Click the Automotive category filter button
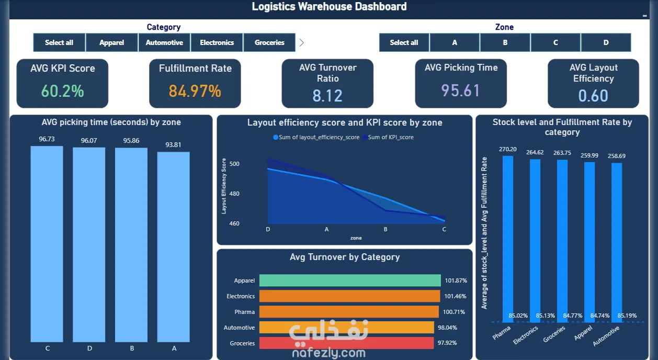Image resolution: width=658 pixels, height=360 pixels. pyautogui.click(x=164, y=42)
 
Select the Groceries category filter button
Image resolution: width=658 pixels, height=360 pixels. pyautogui.click(x=269, y=42)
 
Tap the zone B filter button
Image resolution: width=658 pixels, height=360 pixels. pyautogui.click(x=505, y=42)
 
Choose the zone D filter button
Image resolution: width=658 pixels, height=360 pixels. pyautogui.click(x=606, y=42)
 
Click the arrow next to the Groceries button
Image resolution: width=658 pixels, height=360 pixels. pyautogui.click(x=302, y=42)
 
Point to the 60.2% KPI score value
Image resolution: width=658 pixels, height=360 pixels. pyautogui.click(x=63, y=91)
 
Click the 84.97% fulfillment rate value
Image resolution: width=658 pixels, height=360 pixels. pyautogui.click(x=195, y=91)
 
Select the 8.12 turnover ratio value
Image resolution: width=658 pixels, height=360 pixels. pyautogui.click(x=327, y=96)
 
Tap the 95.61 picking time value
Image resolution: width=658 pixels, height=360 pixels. pyautogui.click(x=461, y=90)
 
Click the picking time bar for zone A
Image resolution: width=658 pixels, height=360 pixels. pyautogui.click(x=173, y=247)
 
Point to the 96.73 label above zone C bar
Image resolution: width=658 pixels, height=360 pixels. pyautogui.click(x=47, y=139)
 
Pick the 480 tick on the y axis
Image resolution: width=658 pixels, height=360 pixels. pyautogui.click(x=234, y=194)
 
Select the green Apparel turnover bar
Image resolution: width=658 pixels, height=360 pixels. pyautogui.click(x=350, y=280)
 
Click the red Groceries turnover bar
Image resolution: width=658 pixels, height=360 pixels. pyautogui.click(x=346, y=343)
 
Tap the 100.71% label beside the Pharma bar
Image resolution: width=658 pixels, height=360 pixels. pyautogui.click(x=454, y=312)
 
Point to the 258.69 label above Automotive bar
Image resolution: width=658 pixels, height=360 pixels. pyautogui.click(x=617, y=156)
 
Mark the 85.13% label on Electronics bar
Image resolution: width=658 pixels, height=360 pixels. pyautogui.click(x=545, y=316)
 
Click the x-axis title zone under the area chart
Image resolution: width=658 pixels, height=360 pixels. pyautogui.click(x=356, y=238)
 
